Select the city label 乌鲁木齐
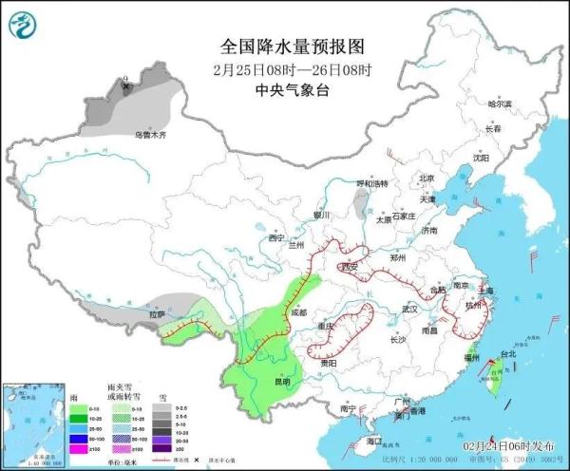point(149,135)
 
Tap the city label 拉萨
point(157,313)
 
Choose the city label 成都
point(299,311)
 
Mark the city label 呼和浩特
point(372,183)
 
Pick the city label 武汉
point(410,309)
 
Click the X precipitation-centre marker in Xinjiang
point(125,87)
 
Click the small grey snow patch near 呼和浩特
point(361,200)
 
